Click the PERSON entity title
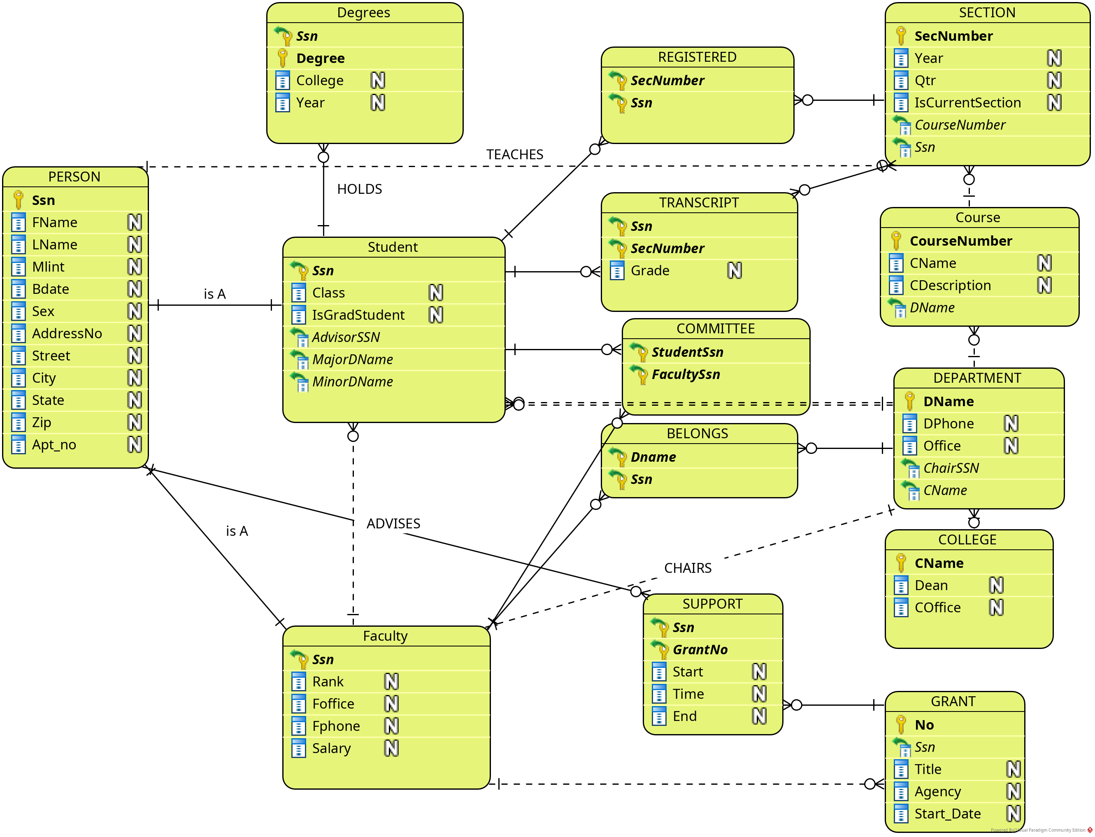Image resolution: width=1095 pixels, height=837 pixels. click(x=74, y=177)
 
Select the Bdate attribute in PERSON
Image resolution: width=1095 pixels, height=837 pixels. click(x=50, y=289)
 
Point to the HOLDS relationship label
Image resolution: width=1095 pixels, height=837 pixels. click(x=359, y=189)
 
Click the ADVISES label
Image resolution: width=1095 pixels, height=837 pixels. click(x=393, y=523)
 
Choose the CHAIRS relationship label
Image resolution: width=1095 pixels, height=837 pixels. click(x=688, y=568)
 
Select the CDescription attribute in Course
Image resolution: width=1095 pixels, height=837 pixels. click(x=949, y=286)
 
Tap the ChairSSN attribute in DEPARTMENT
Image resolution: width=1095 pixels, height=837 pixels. click(x=951, y=468)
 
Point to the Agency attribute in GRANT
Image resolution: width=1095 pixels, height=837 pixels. click(x=937, y=792)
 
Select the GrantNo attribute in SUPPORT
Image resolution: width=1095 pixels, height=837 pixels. click(x=700, y=650)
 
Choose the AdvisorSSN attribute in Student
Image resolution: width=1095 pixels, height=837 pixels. click(x=346, y=337)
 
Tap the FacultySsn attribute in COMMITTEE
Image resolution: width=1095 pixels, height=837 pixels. click(x=686, y=374)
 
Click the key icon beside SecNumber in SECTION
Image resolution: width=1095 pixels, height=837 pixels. click(x=901, y=36)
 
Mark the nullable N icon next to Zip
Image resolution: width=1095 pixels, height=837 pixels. click(x=135, y=423)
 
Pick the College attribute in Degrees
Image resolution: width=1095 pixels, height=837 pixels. click(x=319, y=81)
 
